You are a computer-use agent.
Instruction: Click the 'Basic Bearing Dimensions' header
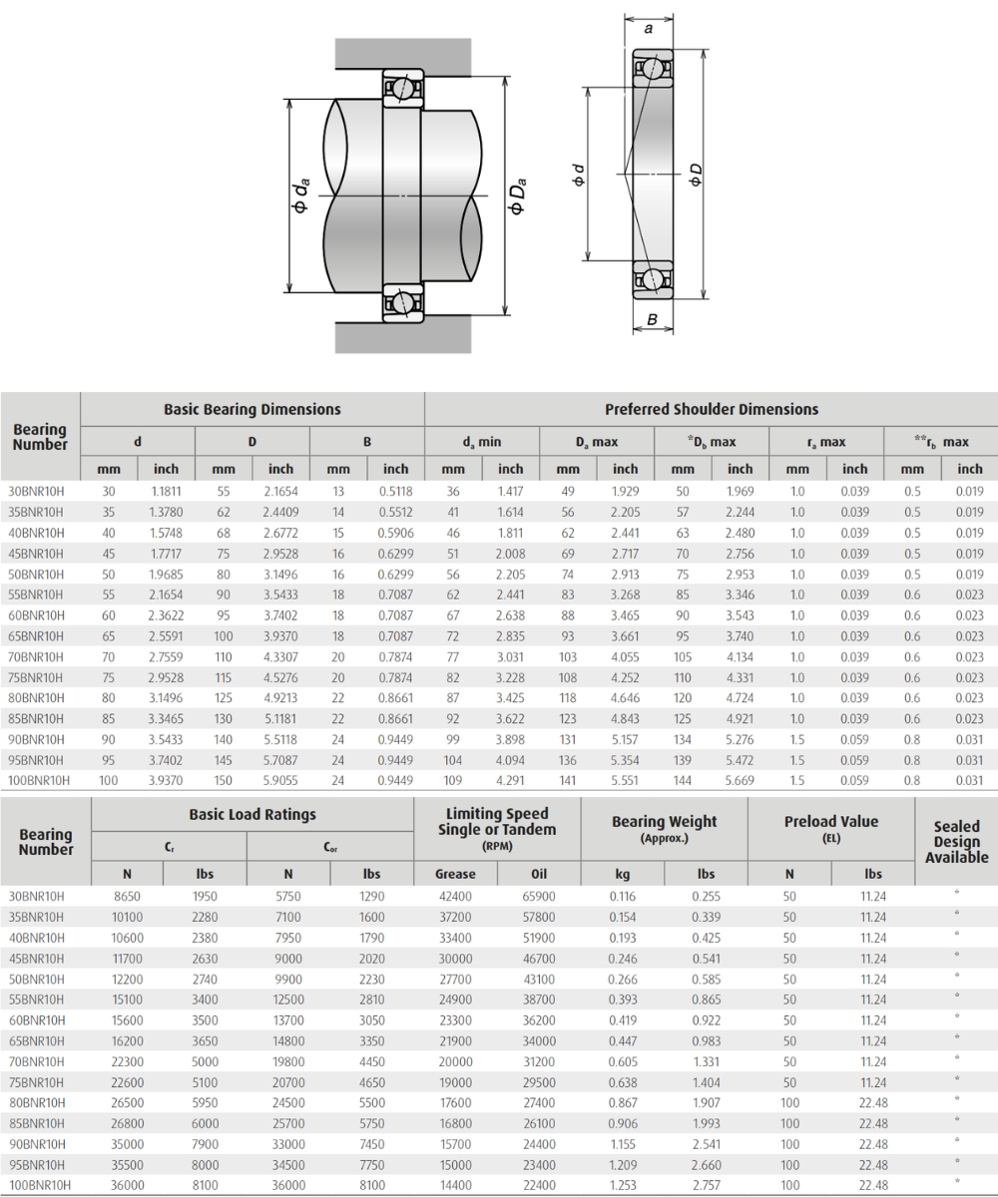252,409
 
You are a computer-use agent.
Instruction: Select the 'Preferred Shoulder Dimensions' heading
712,409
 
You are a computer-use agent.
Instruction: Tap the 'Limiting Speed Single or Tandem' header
497,822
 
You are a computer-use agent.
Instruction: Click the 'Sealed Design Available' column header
956,842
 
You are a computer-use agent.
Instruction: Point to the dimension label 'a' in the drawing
649,29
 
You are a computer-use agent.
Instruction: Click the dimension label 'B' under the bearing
652,320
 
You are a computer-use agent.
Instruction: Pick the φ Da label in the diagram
517,197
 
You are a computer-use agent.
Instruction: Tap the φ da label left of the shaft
300,196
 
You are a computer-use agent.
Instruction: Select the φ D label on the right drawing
696,175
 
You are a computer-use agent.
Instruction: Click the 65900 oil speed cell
539,896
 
